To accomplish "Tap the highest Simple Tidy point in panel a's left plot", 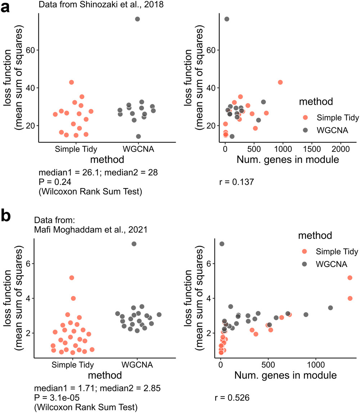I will tap(71, 82).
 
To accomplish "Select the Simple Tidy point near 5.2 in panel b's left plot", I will tap(72, 277).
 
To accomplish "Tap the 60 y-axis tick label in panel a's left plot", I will tap(29, 50).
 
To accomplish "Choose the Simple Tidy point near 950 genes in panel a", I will tap(280, 82).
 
